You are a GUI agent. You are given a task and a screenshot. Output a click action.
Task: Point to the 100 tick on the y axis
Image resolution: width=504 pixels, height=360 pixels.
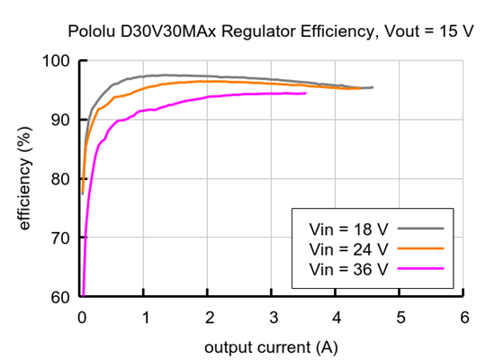(x=58, y=61)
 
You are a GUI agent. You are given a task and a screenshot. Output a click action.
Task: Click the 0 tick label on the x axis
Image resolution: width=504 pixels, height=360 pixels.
(x=82, y=317)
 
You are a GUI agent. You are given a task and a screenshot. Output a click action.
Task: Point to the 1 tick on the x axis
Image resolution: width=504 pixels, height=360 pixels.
(x=146, y=317)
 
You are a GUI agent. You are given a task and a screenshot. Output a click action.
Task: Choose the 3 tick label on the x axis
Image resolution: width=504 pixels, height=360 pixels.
(x=273, y=317)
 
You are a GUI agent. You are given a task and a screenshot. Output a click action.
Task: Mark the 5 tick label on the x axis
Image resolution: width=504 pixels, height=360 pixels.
(x=400, y=317)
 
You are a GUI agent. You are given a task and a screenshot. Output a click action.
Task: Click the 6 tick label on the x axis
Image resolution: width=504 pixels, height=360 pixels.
(x=464, y=317)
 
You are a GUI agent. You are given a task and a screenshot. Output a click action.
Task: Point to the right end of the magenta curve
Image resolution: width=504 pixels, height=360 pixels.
(x=305, y=93)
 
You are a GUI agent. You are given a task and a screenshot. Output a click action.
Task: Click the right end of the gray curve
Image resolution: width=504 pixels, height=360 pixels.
(x=373, y=87)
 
